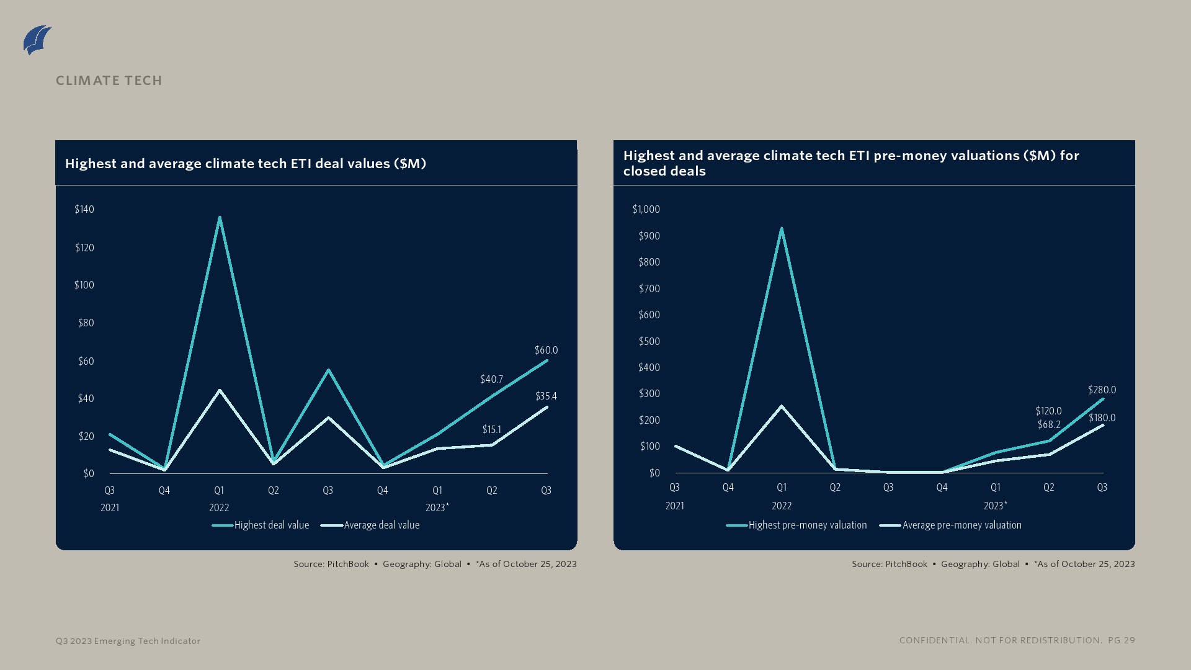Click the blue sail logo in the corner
pos(37,40)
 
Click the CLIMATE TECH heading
pos(109,81)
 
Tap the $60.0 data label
pos(546,351)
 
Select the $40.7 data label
pos(491,380)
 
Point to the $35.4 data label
pos(546,396)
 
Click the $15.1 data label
pos(491,430)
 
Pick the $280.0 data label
pos(1102,390)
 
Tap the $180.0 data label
pos(1102,418)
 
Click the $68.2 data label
pos(1049,425)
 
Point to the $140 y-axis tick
pos(84,210)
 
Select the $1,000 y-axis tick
pos(646,210)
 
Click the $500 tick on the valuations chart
pos(649,342)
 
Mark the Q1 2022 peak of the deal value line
pos(220,218)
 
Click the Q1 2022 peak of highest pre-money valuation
pos(782,229)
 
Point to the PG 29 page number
pos(1122,640)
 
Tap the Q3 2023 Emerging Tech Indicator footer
pos(128,641)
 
